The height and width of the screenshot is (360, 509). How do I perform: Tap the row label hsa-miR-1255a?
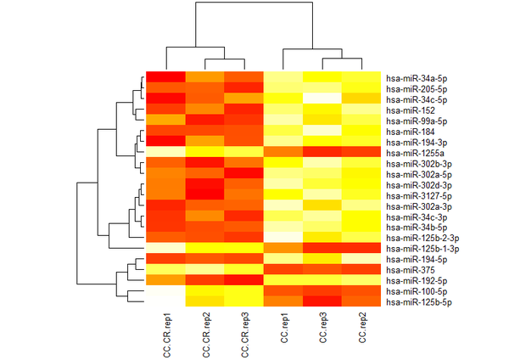click(411, 152)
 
